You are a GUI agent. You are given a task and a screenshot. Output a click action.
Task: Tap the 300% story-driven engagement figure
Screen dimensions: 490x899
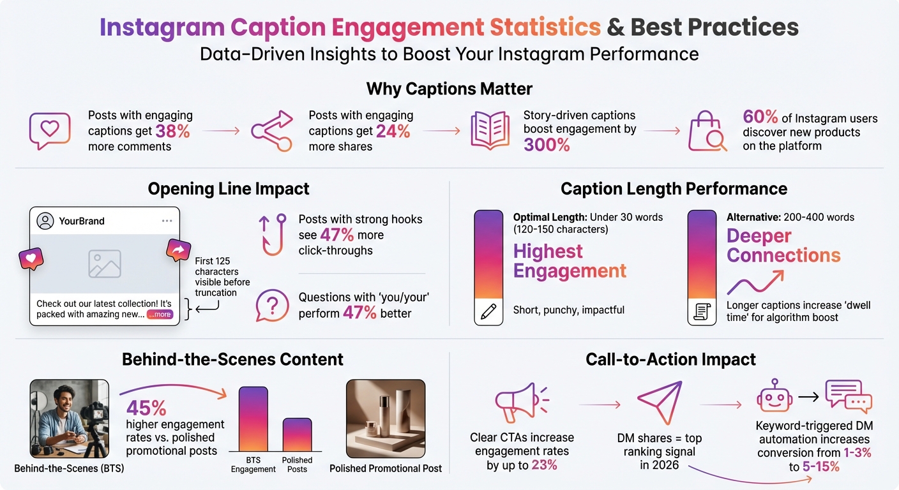547,145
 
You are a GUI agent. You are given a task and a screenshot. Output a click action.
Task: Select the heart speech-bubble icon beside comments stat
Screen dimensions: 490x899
49,131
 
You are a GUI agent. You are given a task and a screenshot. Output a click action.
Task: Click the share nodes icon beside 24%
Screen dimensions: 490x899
271,131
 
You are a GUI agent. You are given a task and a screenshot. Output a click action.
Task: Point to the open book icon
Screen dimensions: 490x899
490,131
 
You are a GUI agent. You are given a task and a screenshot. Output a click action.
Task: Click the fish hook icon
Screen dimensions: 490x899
272,234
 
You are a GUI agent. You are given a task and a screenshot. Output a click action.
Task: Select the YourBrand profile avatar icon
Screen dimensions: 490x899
45,221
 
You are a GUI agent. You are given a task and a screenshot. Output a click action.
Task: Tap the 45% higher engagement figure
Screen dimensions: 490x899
146,408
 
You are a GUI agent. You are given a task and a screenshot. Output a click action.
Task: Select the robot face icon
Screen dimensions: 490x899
773,397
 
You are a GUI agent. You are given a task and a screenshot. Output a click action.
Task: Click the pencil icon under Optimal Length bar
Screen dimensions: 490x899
488,312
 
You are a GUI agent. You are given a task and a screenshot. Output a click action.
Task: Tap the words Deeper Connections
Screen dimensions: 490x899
783,246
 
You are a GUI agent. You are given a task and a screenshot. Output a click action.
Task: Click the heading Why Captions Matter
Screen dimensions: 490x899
449,88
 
